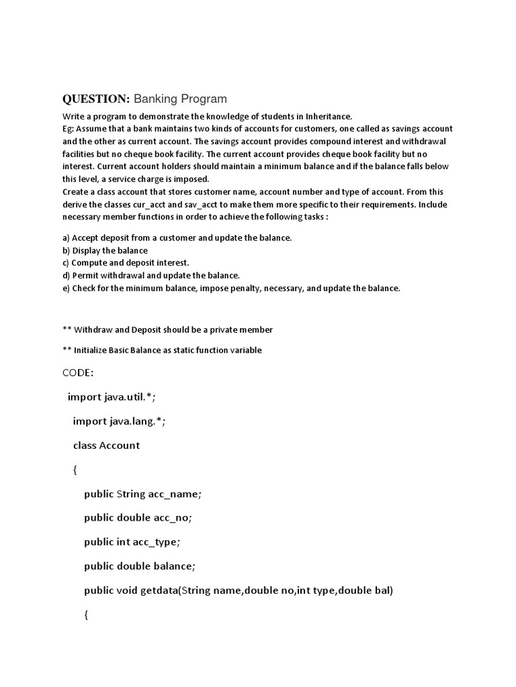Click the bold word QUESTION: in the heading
pos(95,99)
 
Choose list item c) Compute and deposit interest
pos(126,262)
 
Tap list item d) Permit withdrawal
pos(151,275)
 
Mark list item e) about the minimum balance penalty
pos(231,288)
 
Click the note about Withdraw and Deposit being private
pos(167,329)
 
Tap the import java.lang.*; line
pos(119,421)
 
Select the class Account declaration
pos(106,445)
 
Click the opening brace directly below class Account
pos(75,470)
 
